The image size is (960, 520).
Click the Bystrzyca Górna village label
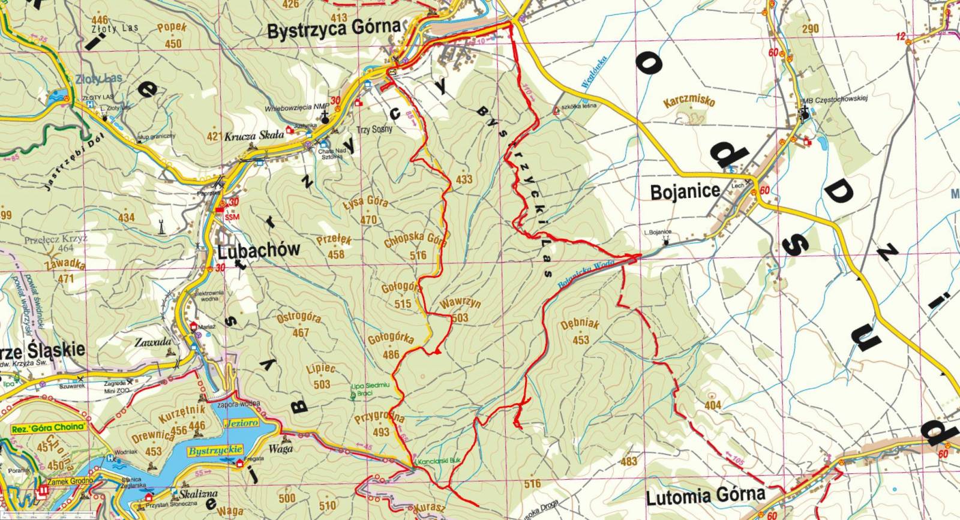tap(334, 28)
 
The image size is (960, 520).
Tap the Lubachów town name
tap(259, 251)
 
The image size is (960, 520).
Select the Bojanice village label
tap(685, 192)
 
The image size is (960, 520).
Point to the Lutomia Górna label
tap(706, 495)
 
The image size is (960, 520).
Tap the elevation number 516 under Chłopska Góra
tap(418, 256)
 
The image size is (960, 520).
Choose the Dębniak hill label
tap(580, 326)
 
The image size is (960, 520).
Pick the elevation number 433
tap(464, 179)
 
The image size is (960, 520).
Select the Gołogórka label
tap(391, 338)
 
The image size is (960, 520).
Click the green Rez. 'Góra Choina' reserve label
tap(49, 428)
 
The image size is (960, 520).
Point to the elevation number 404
tap(712, 406)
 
